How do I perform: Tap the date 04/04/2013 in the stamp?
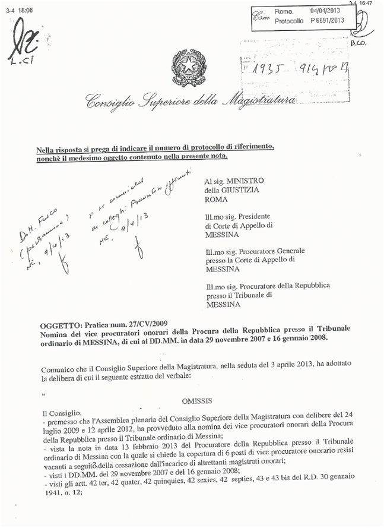tap(325, 11)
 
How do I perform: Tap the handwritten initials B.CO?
tap(360, 43)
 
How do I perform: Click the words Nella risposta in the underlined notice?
tap(63, 147)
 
